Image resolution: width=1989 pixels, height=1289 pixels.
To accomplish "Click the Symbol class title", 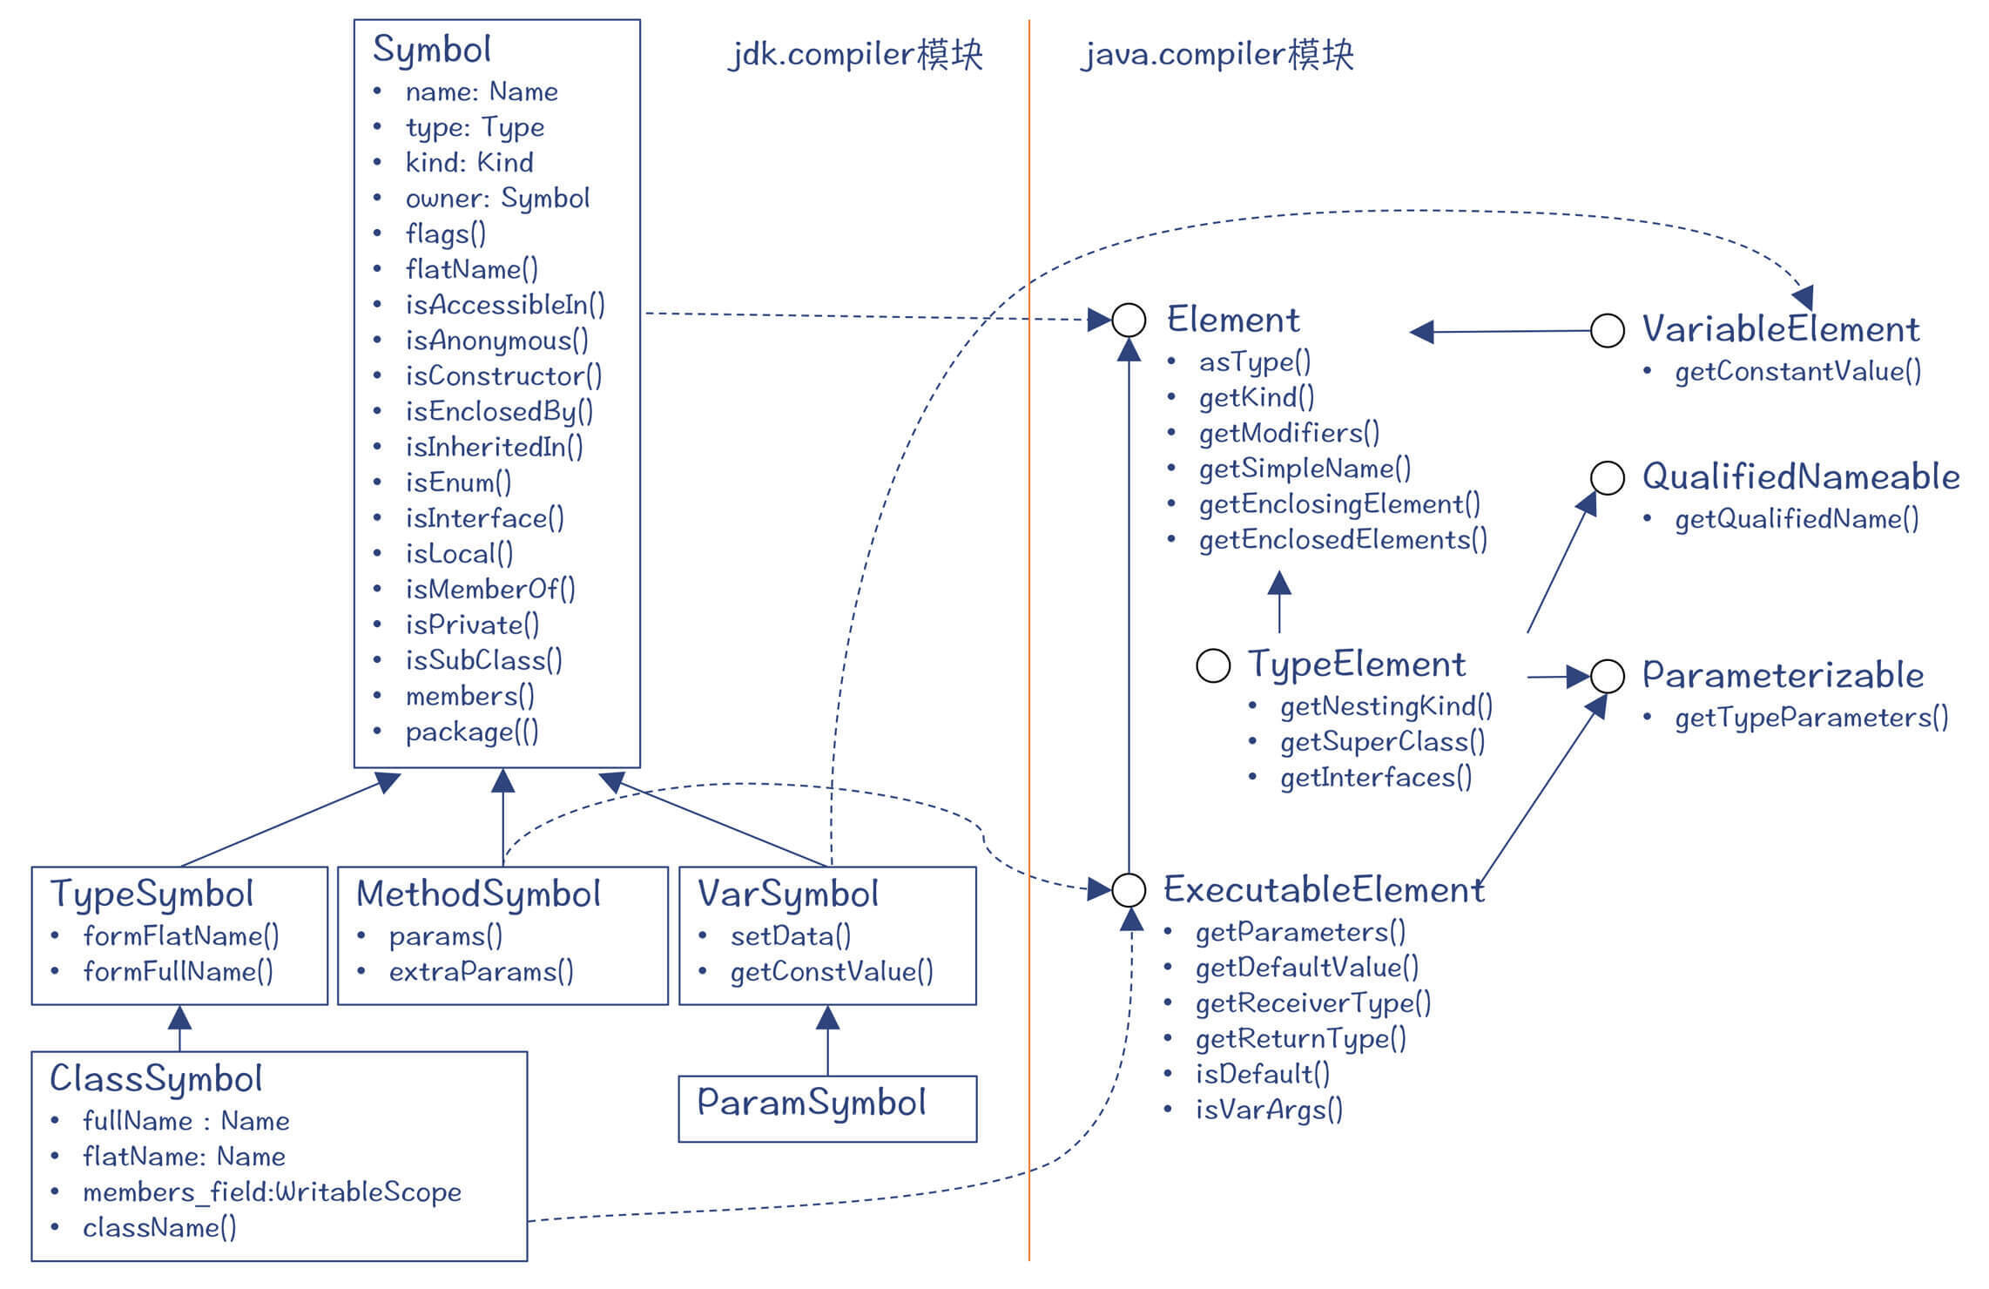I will (x=432, y=50).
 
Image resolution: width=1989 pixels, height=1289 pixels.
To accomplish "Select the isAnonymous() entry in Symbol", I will (x=496, y=341).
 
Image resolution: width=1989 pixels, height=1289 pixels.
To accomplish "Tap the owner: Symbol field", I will (x=497, y=199).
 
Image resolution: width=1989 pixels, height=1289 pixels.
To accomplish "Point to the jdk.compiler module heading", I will (x=856, y=55).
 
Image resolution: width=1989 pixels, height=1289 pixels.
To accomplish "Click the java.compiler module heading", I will (x=1217, y=55).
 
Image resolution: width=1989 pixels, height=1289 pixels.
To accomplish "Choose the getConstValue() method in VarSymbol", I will (x=831, y=972).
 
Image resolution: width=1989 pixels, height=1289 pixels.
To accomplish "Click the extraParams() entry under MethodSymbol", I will (x=481, y=972).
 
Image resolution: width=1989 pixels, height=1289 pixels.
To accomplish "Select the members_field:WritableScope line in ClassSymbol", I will (x=272, y=1192).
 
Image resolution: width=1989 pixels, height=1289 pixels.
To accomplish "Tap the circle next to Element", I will (x=1129, y=321).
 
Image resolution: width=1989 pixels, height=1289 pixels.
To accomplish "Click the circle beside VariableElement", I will (x=1607, y=330).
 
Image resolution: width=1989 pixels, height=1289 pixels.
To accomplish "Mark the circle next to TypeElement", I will (x=1213, y=665).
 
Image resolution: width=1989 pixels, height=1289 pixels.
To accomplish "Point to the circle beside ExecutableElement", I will (x=1129, y=889).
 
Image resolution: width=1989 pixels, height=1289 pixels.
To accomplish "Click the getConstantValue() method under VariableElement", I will (x=1797, y=372).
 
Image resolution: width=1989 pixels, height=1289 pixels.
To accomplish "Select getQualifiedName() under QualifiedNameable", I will (x=1797, y=520).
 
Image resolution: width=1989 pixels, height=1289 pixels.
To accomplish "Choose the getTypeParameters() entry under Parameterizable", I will (x=1811, y=719).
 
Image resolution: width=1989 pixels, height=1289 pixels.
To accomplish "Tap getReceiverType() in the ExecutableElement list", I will (x=1312, y=1004).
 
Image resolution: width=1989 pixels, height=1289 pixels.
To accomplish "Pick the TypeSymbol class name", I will (x=152, y=894).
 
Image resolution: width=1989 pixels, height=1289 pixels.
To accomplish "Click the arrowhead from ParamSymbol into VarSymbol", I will (x=827, y=1017).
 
